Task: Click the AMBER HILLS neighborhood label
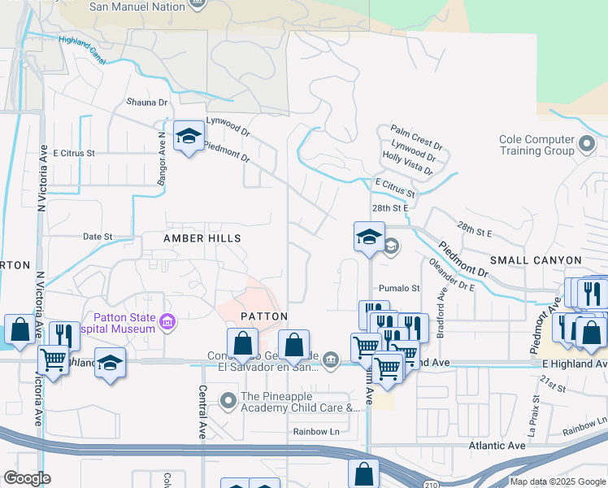pyautogui.click(x=202, y=237)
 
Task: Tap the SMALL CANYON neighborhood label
pyautogui.click(x=536, y=260)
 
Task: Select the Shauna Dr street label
pyautogui.click(x=146, y=102)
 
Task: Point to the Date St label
pyautogui.click(x=98, y=237)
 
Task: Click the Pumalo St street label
pyautogui.click(x=399, y=288)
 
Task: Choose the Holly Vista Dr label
pyautogui.click(x=408, y=164)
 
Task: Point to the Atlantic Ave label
pyautogui.click(x=497, y=446)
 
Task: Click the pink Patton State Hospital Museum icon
pyautogui.click(x=167, y=323)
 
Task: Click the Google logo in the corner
pyautogui.click(x=26, y=478)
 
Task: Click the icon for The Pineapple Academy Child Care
pyautogui.click(x=228, y=399)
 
